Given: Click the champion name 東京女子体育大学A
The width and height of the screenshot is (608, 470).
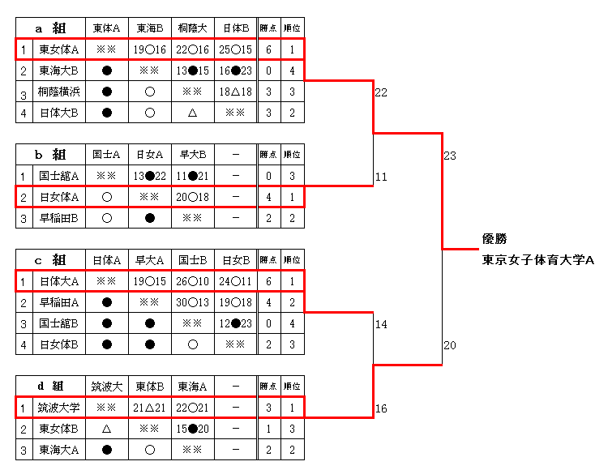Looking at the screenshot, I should (x=538, y=260).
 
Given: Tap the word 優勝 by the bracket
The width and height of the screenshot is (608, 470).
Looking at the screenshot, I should (x=495, y=239).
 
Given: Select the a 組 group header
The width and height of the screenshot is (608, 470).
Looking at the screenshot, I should (x=50, y=28).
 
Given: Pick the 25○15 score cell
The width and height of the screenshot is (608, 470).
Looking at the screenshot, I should (x=235, y=49).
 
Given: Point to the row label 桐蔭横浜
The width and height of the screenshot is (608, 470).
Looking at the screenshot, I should (x=59, y=92).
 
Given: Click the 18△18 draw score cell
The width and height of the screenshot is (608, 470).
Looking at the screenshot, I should (x=235, y=92).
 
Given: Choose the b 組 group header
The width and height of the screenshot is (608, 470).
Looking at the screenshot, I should (x=50, y=154).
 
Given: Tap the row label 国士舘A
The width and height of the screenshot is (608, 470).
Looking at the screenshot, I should (x=59, y=175).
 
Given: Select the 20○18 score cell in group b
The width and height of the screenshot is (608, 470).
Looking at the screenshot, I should (x=193, y=196).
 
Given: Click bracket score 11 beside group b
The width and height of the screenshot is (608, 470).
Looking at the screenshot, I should (x=381, y=176).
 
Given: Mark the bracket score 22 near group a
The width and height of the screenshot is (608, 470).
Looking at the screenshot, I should (x=381, y=92).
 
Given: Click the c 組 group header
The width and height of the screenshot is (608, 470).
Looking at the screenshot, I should (x=50, y=260).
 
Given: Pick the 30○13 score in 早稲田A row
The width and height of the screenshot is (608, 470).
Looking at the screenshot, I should (x=193, y=302).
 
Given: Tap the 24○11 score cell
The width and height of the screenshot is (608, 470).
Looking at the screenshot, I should (x=235, y=281).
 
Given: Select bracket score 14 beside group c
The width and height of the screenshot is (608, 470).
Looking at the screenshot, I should (x=381, y=324).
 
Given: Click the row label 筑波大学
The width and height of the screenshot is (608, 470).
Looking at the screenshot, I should (x=59, y=407).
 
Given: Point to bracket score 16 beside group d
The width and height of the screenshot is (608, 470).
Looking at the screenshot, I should (x=381, y=408).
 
